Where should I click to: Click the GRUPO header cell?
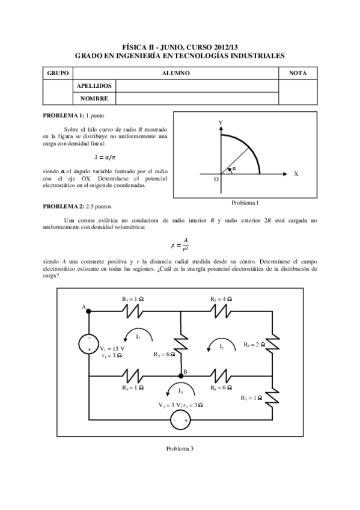click(57, 73)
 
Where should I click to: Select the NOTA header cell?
click(297, 73)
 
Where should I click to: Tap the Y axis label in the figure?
click(221, 122)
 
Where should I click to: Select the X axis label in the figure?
click(295, 173)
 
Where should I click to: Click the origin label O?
click(216, 179)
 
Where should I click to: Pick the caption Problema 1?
click(244, 203)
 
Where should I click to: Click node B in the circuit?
click(182, 375)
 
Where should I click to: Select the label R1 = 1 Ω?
click(133, 299)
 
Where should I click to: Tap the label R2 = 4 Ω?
click(221, 299)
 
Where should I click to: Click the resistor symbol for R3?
click(182, 343)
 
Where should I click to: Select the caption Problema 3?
click(180, 449)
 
